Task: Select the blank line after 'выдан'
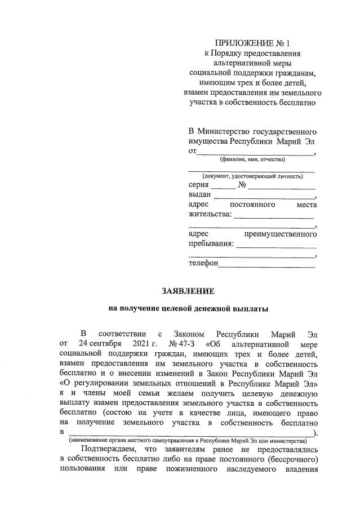(x=265, y=196)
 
